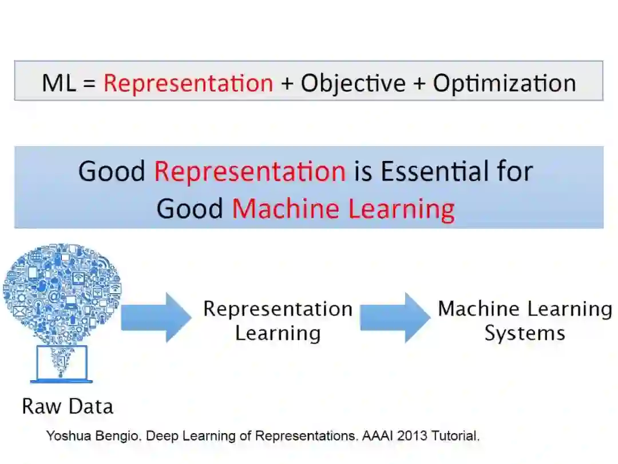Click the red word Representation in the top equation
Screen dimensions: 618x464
tap(188, 83)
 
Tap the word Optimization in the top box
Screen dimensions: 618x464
tap(504, 83)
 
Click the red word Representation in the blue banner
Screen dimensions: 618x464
tap(249, 171)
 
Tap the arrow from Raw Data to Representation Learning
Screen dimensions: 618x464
tap(156, 317)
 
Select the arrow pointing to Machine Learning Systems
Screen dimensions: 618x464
tap(395, 317)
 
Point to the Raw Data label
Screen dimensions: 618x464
tap(68, 406)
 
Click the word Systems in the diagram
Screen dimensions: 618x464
tap(525, 333)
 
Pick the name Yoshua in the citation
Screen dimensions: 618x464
tap(65, 436)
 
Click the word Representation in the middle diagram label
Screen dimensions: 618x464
tap(278, 309)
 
